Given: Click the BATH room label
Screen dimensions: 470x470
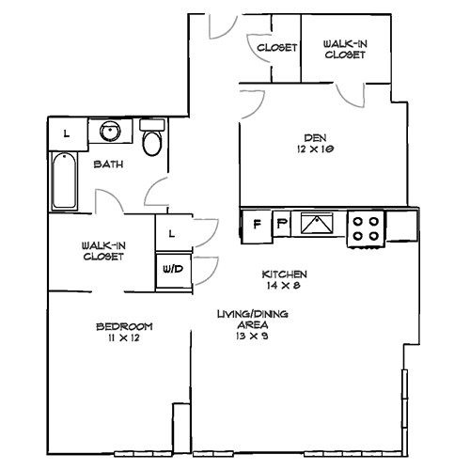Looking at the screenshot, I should pos(105,164).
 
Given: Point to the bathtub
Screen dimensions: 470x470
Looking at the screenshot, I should pos(64,182).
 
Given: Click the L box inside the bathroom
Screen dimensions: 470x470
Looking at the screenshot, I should pos(66,133).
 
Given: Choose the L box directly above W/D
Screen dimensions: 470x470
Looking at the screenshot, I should pos(172,232).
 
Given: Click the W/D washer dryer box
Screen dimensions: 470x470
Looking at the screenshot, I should pos(172,268).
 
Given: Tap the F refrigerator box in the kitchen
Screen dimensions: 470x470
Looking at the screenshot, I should pos(256,224).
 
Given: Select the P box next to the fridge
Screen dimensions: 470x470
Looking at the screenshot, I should pos(282,224).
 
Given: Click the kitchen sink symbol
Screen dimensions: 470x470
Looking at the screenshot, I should pos(318,224).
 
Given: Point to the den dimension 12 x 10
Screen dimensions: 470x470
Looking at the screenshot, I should pos(315,148).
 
